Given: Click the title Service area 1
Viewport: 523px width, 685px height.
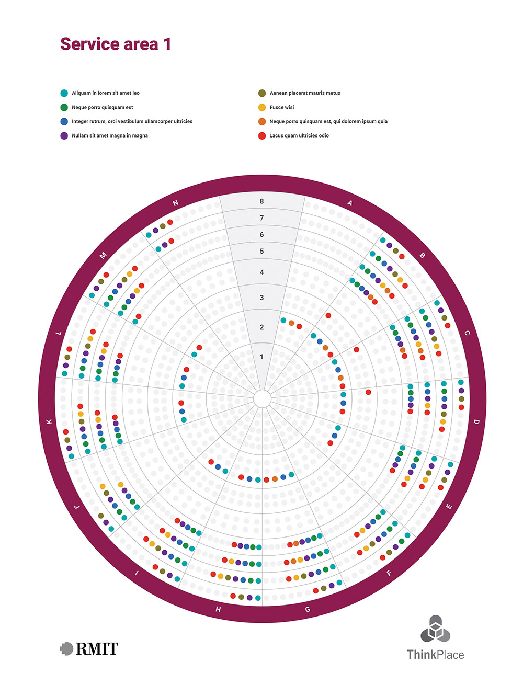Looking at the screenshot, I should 116,44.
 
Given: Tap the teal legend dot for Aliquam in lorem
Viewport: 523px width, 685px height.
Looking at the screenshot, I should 64,93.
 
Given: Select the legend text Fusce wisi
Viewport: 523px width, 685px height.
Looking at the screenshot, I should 282,107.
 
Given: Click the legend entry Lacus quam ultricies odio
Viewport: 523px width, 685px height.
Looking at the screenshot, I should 299,135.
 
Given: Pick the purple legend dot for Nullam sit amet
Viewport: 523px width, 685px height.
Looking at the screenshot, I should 64,135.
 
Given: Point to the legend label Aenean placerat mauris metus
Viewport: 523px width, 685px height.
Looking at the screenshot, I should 305,93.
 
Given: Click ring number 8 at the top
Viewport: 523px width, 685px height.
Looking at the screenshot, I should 262,201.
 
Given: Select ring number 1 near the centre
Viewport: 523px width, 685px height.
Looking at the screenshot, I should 262,357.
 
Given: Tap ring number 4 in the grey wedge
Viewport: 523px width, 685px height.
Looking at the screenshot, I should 262,272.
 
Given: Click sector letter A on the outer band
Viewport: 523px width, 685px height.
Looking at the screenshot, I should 350,203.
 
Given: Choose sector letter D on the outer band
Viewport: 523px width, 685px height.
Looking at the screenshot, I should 476,421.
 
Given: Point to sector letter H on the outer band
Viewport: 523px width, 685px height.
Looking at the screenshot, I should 218,609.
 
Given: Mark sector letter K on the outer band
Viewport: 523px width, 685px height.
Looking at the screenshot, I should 50,421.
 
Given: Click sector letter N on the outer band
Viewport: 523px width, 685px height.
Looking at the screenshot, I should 176,203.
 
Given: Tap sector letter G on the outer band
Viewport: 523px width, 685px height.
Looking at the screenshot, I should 308,609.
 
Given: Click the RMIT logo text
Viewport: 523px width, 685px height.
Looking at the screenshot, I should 97,649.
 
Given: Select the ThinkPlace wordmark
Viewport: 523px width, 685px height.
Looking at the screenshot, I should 435,655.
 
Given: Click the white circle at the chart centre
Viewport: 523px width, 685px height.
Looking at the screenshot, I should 262,399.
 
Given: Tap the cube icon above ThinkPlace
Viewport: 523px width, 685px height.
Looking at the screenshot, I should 435,629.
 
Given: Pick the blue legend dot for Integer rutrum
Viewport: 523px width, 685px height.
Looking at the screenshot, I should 64,121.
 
